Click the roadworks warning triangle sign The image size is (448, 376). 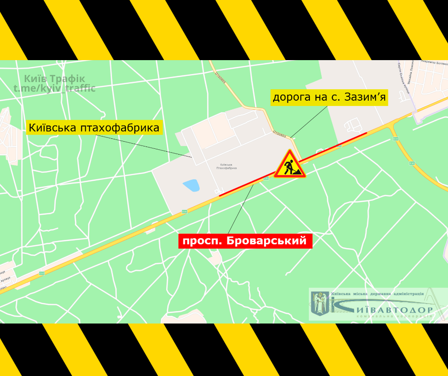coord(289,165)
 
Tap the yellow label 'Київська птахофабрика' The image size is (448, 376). coord(94,128)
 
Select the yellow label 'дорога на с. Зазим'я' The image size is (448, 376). coord(329,98)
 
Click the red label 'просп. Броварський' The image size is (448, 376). coord(245,241)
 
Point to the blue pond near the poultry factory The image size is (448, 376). coord(191,185)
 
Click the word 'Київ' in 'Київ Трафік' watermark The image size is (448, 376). coord(36,79)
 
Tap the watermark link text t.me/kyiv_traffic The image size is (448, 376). coord(54,88)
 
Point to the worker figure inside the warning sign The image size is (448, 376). coord(289,167)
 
